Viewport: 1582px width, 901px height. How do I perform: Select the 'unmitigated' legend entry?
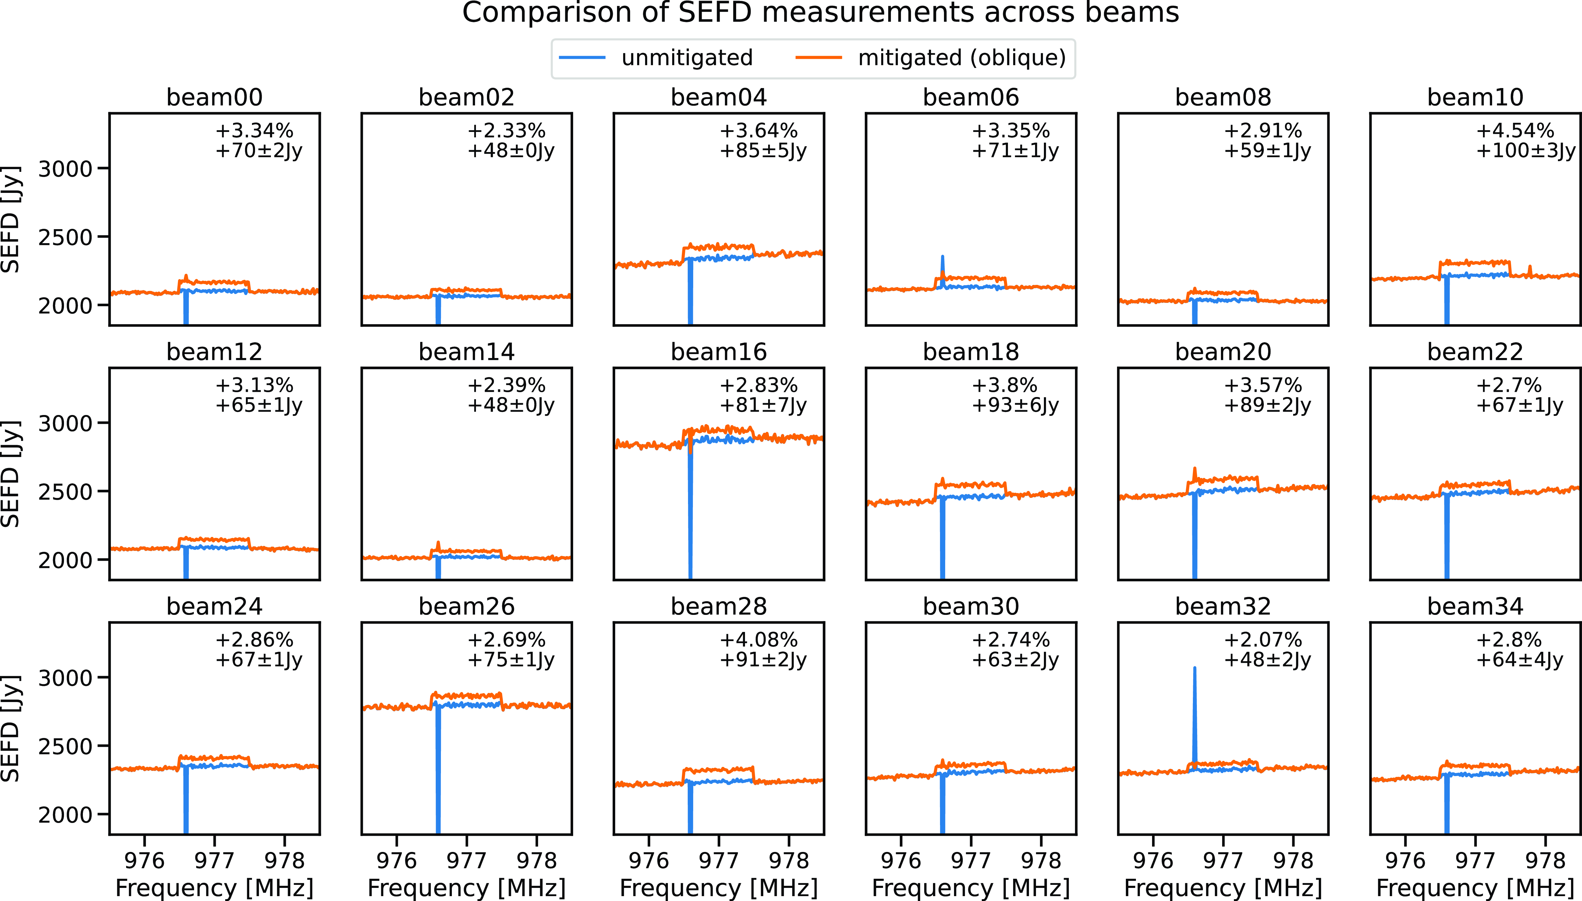click(687, 58)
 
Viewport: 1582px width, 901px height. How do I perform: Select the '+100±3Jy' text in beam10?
click(1526, 151)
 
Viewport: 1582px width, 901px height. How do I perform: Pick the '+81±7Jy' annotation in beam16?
click(763, 405)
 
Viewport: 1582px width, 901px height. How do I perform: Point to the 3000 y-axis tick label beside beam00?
click(65, 169)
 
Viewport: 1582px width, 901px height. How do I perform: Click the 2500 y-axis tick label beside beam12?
click(65, 492)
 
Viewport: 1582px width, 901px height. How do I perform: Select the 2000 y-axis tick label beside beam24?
click(65, 815)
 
